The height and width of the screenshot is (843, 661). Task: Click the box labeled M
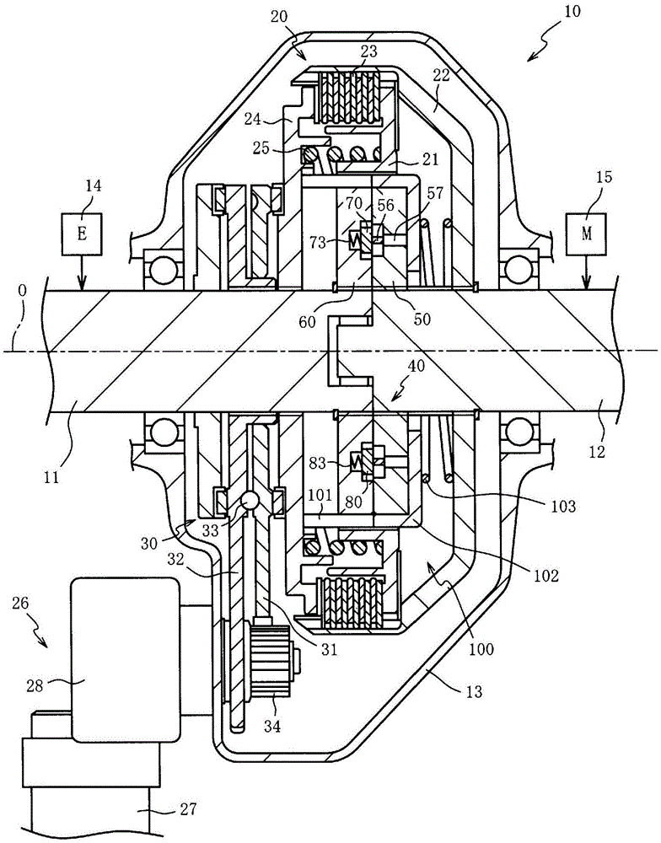pos(586,234)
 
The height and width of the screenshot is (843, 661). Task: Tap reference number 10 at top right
pos(572,11)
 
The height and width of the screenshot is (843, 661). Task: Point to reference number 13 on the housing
pos(474,691)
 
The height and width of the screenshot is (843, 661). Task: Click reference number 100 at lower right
pos(481,649)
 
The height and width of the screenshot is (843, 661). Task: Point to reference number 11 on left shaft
pos(51,462)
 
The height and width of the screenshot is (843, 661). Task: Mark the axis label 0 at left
pos(22,291)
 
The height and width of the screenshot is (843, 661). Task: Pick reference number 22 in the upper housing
pos(440,77)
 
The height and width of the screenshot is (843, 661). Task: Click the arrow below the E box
pos(81,273)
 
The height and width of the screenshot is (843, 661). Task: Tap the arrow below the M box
pos(586,273)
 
